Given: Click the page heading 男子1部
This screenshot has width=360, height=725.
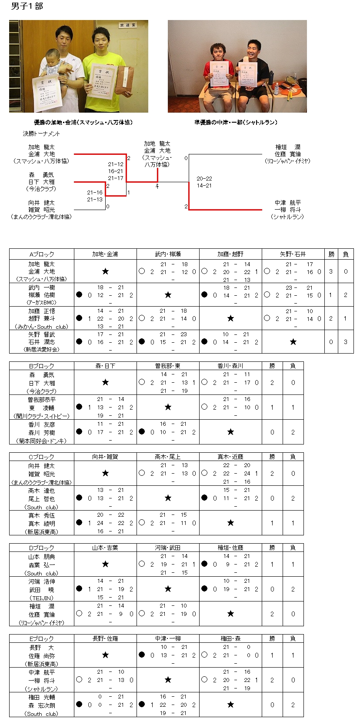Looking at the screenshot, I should (27, 6).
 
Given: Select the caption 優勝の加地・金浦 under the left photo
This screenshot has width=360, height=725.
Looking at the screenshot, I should (83, 123).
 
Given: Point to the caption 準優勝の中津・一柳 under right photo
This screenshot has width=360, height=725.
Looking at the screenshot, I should (236, 123).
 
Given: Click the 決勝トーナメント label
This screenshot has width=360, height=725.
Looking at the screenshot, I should (41, 134).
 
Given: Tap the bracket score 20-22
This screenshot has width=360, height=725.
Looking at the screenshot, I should (204, 179).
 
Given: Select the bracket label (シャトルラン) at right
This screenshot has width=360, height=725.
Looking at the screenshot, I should (287, 217).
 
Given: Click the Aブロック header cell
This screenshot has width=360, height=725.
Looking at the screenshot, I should (42, 254).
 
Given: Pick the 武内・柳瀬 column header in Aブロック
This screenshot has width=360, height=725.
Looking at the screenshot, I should (168, 254).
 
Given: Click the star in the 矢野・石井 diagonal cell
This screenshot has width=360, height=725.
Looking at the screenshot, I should (293, 342).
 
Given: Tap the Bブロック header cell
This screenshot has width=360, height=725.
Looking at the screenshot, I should (42, 366).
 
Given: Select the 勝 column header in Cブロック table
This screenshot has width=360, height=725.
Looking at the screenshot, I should (272, 457).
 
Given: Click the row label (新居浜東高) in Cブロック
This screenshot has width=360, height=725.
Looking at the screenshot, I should (42, 532).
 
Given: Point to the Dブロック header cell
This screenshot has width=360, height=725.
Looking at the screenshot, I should (42, 548).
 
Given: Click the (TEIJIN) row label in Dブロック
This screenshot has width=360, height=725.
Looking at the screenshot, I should (42, 598).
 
